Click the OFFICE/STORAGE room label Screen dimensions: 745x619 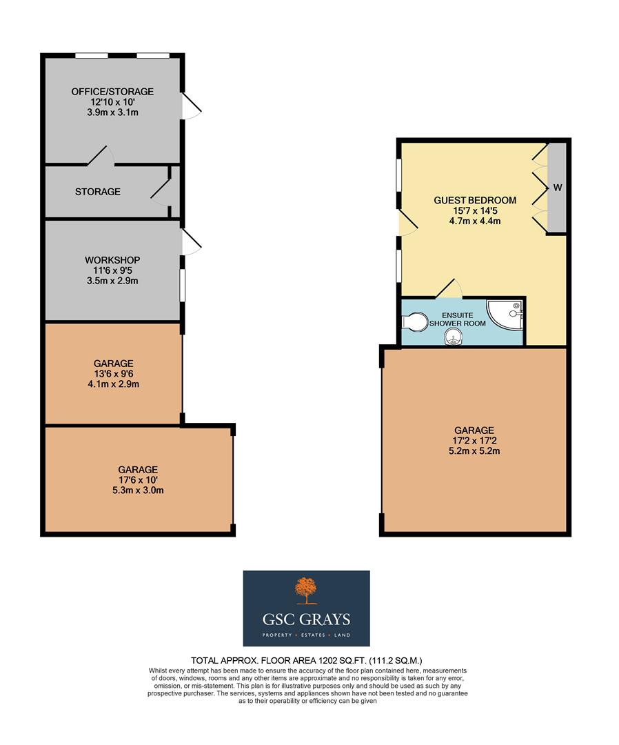click(x=112, y=92)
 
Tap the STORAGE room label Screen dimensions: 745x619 click(x=98, y=192)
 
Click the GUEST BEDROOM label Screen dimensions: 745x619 click(x=474, y=201)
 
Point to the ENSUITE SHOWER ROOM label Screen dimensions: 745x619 click(x=458, y=319)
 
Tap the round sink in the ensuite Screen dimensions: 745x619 click(x=452, y=336)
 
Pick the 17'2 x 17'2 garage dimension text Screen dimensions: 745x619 click(x=474, y=440)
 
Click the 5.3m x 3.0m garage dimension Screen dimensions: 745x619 click(x=137, y=491)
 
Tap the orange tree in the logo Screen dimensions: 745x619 click(x=306, y=590)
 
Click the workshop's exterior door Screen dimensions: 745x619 click(x=191, y=242)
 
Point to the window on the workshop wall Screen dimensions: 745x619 click(x=182, y=285)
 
